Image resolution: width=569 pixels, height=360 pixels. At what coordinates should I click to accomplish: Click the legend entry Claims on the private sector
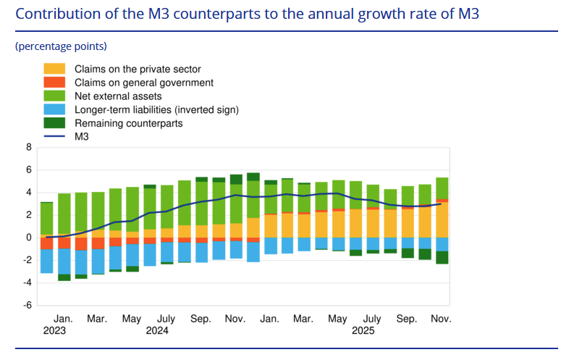[x=137, y=69]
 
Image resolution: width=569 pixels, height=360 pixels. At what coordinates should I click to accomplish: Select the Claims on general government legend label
[x=143, y=83]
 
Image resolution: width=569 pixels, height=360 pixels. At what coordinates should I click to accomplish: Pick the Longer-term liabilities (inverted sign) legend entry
[x=156, y=110]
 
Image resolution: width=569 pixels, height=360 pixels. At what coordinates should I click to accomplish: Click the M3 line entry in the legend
[x=81, y=136]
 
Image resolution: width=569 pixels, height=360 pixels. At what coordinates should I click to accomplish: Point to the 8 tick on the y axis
[x=29, y=147]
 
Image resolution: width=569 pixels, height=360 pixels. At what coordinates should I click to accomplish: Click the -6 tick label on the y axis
[x=28, y=305]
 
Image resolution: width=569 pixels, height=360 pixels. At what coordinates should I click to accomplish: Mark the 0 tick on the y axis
[x=29, y=238]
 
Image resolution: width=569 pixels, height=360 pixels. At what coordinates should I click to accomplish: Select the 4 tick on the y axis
[x=29, y=193]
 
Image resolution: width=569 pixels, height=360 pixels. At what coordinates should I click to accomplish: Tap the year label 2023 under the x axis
[x=54, y=330]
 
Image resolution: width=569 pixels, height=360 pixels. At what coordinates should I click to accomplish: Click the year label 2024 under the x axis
[x=157, y=330]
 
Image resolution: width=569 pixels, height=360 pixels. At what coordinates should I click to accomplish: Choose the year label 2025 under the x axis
[x=363, y=330]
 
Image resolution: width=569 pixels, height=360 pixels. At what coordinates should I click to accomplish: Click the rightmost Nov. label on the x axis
[x=441, y=319]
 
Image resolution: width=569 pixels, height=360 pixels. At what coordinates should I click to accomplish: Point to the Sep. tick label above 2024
[x=201, y=319]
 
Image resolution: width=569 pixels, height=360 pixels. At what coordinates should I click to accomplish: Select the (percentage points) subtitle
[x=61, y=46]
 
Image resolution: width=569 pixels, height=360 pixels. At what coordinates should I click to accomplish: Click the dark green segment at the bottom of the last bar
[x=442, y=257]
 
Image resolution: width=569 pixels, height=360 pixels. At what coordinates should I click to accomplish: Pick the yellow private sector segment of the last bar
[x=442, y=219]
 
